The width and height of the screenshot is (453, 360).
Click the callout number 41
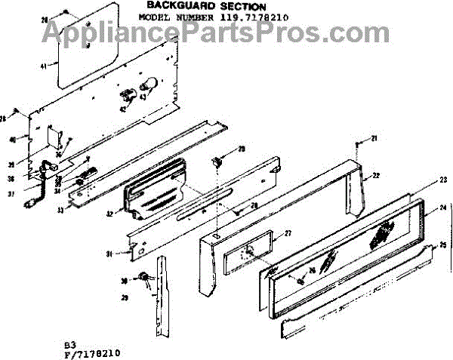(x=43, y=66)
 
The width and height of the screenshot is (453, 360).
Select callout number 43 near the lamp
(x=142, y=97)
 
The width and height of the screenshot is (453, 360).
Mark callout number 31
(x=109, y=254)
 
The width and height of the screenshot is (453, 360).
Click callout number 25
(x=443, y=245)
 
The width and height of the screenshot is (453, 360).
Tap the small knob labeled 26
(x=301, y=282)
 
